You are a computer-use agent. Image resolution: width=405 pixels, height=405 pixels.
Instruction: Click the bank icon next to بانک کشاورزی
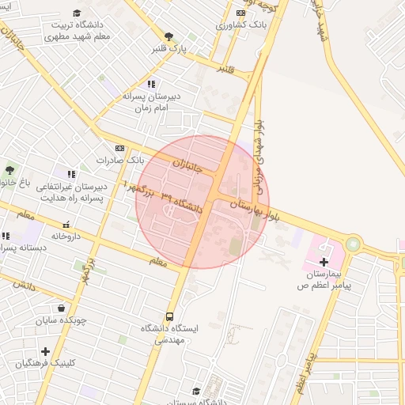pos(240,13)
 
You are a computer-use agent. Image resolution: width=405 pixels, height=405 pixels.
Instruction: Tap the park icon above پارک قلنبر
pos(168,36)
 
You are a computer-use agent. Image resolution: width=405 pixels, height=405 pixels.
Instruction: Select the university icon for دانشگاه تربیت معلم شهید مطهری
pos(77,13)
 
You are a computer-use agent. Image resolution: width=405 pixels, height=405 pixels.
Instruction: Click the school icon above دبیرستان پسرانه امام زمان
pos(151,84)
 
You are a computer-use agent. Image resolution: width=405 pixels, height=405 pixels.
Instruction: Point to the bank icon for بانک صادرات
pos(119,148)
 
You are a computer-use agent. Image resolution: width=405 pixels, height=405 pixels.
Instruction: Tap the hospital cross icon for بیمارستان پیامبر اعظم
pos(324,262)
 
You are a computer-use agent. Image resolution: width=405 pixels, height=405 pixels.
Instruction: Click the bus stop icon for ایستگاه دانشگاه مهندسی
pos(170,316)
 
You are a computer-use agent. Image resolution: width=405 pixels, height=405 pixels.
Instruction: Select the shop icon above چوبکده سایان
pos(62,308)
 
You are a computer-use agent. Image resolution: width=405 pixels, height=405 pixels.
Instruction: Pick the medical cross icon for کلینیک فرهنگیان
pos(45,351)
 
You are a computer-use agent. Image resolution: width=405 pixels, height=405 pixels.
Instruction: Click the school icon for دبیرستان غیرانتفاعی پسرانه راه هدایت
pos(71,174)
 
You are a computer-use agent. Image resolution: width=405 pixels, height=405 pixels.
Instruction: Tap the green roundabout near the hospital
pos(353,244)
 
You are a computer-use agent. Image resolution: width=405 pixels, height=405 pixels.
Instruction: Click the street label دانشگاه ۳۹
pos(182,201)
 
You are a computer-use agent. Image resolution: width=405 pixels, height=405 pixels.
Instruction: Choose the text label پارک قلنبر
pos(172,48)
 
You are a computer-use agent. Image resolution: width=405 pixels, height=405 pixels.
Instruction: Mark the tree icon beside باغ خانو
pos(9,170)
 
